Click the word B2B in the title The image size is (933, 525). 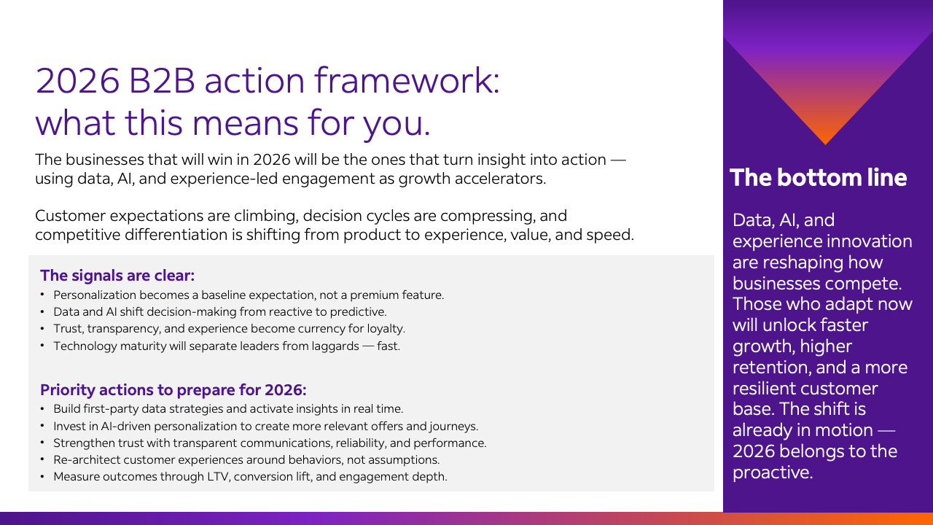point(162,80)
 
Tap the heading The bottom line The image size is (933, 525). point(818,177)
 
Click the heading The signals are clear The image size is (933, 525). point(117,276)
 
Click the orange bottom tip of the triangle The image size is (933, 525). point(826,144)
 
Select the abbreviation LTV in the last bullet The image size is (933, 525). point(218,476)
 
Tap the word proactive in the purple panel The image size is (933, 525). point(772,473)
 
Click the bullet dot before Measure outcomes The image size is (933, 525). point(42,476)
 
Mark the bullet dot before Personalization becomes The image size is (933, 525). point(42,294)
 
